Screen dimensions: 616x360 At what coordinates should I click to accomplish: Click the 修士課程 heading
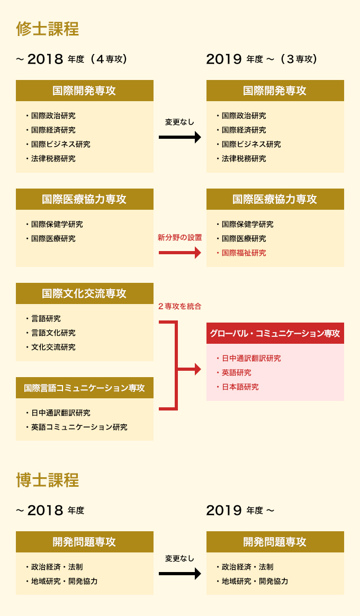[47, 29]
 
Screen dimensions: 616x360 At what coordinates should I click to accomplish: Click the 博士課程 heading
[47, 480]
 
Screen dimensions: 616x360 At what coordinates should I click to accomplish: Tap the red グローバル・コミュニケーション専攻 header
[275, 334]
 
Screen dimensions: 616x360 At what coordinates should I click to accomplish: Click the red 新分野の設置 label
[179, 238]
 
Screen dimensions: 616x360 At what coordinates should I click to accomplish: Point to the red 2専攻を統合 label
[179, 307]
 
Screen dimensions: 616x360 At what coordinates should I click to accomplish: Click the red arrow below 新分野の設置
[179, 253]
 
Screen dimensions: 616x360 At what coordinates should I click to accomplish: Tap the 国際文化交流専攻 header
[84, 294]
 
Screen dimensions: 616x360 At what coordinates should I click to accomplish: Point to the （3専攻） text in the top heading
[299, 59]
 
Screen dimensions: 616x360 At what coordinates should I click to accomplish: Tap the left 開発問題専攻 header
[84, 542]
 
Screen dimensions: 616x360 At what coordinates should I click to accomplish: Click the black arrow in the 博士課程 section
[179, 574]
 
